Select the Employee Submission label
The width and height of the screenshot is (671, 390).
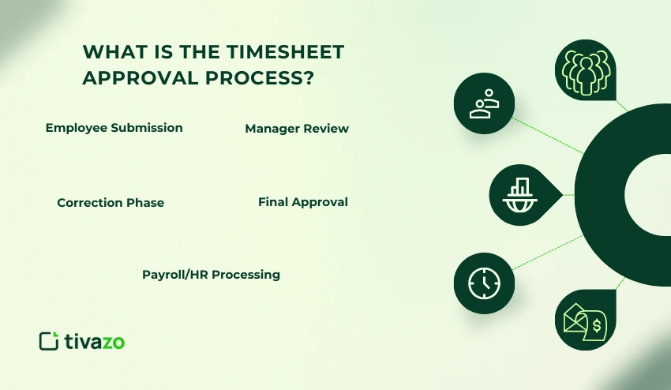114,128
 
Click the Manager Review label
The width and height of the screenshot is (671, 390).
297,129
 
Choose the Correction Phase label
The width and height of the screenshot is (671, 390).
111,203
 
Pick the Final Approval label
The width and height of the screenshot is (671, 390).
303,202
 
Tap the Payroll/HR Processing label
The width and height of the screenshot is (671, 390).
211,275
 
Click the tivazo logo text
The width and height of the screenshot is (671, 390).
95,341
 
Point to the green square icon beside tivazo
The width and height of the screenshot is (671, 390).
49,340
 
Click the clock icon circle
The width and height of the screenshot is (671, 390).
484,283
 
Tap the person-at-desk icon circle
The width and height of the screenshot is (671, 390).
484,104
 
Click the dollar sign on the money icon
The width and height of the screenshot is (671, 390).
598,324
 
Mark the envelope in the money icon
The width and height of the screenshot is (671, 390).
575,321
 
